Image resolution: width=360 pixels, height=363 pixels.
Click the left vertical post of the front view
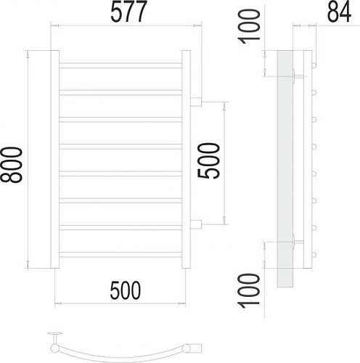pos(53,158)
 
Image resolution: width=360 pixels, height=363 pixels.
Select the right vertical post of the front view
pos(186,158)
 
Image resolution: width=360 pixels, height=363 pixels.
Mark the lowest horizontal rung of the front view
pos(120,253)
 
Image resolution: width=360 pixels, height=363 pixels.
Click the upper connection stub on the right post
pos(196,101)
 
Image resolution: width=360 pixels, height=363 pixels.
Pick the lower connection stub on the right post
pos(196,221)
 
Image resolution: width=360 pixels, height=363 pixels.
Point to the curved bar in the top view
pos(123,346)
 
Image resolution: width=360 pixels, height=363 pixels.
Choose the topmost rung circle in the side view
pos(315,65)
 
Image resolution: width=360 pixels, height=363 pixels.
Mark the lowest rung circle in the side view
pos(315,253)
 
